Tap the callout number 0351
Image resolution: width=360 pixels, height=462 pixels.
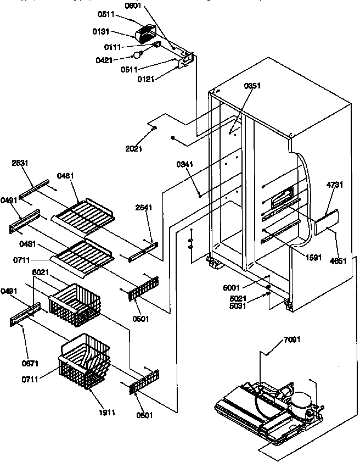click(252, 86)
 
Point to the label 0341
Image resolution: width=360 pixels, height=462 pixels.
click(184, 164)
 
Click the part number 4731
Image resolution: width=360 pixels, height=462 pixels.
click(334, 185)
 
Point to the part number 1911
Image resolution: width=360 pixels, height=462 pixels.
click(107, 412)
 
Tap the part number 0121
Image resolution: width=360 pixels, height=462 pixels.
click(145, 79)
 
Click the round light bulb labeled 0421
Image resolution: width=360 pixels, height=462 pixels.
click(138, 55)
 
